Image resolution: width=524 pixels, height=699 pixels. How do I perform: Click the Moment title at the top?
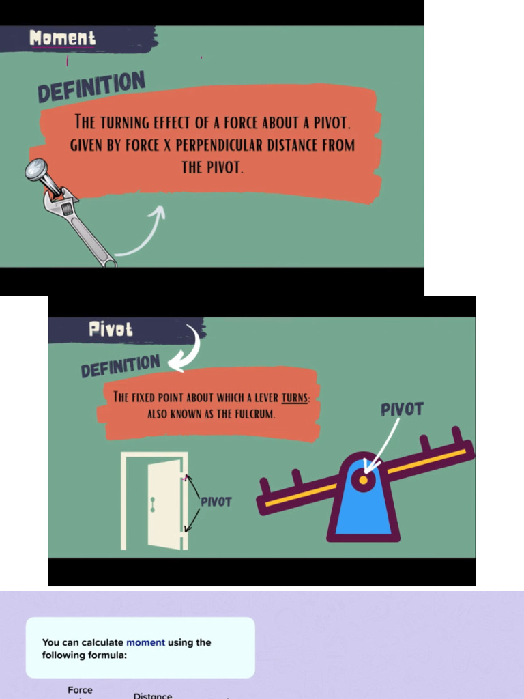point(63,39)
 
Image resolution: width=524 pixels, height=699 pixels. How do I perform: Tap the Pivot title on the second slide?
point(111,330)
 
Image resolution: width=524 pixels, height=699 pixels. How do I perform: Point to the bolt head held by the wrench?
point(38,169)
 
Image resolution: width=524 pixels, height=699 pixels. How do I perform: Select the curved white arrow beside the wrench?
point(143,232)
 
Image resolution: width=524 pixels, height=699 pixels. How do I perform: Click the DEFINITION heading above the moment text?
point(91,87)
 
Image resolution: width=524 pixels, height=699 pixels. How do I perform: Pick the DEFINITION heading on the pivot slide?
point(120,366)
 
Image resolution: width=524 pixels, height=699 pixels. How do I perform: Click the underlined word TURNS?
point(295,397)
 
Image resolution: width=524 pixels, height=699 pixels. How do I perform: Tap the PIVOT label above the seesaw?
point(402,410)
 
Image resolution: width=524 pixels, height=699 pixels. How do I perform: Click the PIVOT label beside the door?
point(216,502)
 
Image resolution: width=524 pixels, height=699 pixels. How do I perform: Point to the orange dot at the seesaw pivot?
point(364,480)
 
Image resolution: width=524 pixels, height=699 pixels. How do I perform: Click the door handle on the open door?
point(153,504)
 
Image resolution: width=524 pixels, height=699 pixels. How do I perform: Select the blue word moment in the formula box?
point(145,642)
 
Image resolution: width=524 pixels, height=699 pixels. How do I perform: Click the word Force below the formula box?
point(80,690)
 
